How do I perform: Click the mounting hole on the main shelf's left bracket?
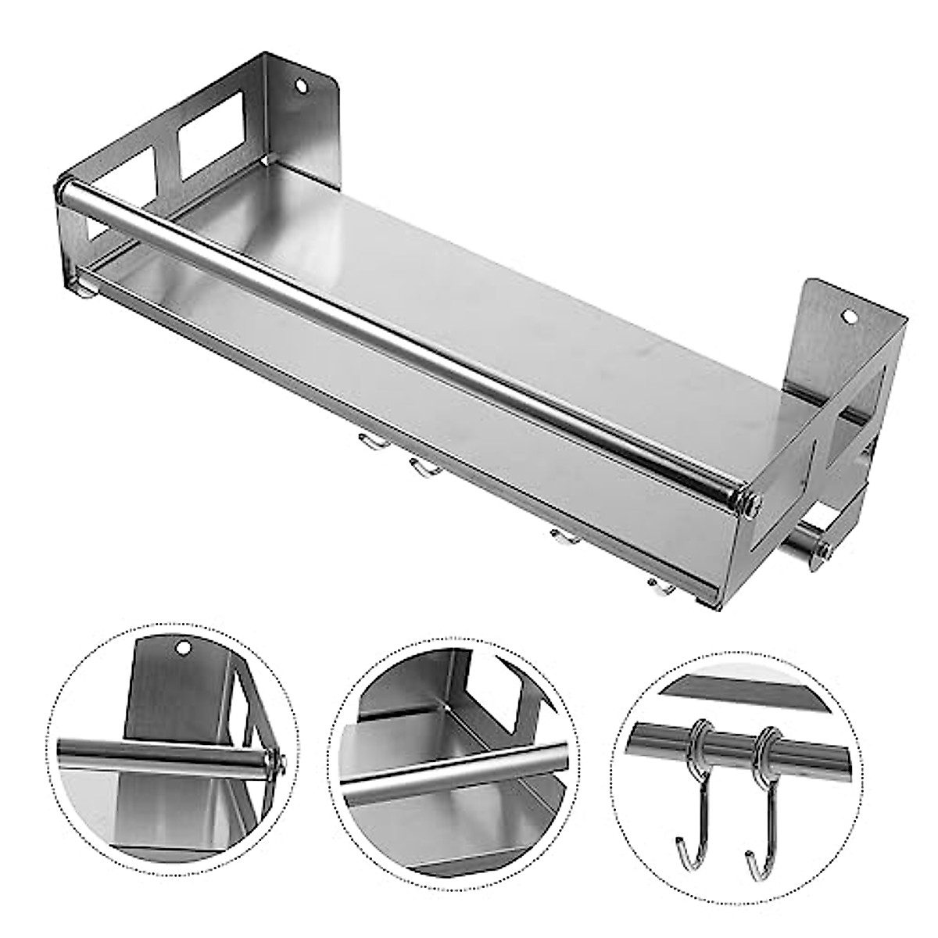click(301, 84)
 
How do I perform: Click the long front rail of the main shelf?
click(391, 336)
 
